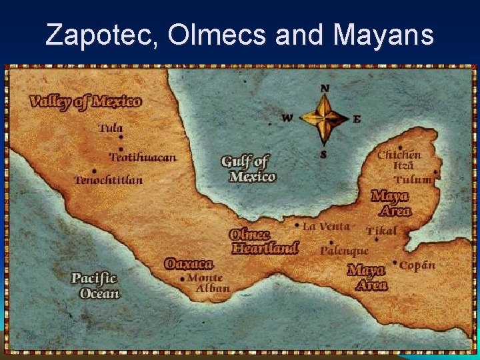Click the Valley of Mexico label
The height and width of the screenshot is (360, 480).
click(x=85, y=102)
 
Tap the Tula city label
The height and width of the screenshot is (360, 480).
click(x=111, y=128)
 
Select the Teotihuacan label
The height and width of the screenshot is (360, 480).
click(x=143, y=158)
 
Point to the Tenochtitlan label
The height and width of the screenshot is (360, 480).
click(x=109, y=180)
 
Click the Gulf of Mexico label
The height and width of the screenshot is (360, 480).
click(x=248, y=169)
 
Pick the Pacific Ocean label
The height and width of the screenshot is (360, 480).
click(x=95, y=285)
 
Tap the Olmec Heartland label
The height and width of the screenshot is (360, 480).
click(x=264, y=241)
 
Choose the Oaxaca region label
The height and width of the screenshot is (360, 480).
click(x=189, y=264)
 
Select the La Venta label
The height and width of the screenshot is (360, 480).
click(x=326, y=227)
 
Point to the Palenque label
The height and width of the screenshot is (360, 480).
click(x=344, y=251)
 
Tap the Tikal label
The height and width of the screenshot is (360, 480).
click(x=381, y=231)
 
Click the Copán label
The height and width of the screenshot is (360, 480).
click(x=417, y=265)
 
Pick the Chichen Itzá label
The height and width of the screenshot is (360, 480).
click(x=399, y=160)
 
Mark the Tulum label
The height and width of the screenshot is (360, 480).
click(x=412, y=180)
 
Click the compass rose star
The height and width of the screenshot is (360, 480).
click(x=325, y=119)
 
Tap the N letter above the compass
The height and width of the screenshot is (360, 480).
click(x=325, y=88)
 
